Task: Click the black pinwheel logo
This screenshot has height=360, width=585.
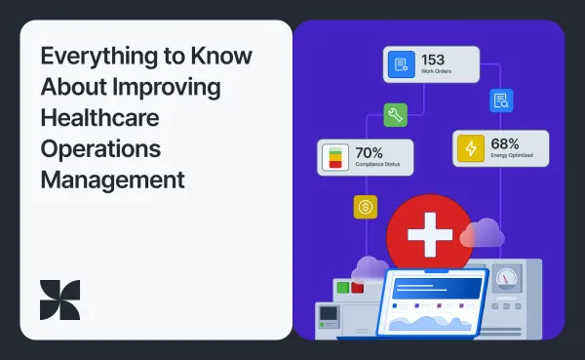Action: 60,300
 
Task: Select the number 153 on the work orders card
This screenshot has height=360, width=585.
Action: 433,60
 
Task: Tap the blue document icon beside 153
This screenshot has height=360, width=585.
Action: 399,65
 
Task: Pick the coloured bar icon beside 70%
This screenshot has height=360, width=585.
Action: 335,157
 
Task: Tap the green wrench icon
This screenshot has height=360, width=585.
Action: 395,115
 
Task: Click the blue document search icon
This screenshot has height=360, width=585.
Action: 501,100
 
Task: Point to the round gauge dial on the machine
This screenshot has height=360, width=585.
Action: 507,279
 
